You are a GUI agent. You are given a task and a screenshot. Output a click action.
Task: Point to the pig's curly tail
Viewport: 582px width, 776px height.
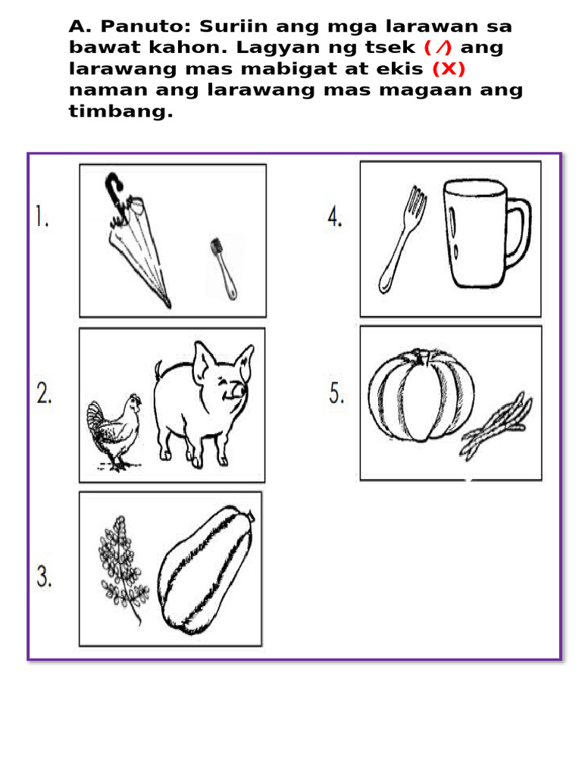pyautogui.click(x=158, y=369)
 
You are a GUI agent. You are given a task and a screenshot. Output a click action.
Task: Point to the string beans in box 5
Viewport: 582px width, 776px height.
pyautogui.click(x=496, y=427)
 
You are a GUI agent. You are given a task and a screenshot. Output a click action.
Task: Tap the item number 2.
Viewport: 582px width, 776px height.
pyautogui.click(x=42, y=394)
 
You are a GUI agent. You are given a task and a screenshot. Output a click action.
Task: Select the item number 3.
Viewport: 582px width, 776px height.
pyautogui.click(x=43, y=578)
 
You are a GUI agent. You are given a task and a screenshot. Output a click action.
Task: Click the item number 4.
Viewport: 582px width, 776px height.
pyautogui.click(x=335, y=218)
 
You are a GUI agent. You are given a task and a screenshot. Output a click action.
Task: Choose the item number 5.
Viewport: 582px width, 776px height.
pyautogui.click(x=336, y=394)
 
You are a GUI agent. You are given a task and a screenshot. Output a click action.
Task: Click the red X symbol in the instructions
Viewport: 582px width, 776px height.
pyautogui.click(x=448, y=69)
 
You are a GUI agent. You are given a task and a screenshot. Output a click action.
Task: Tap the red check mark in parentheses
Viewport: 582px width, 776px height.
pyautogui.click(x=438, y=48)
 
